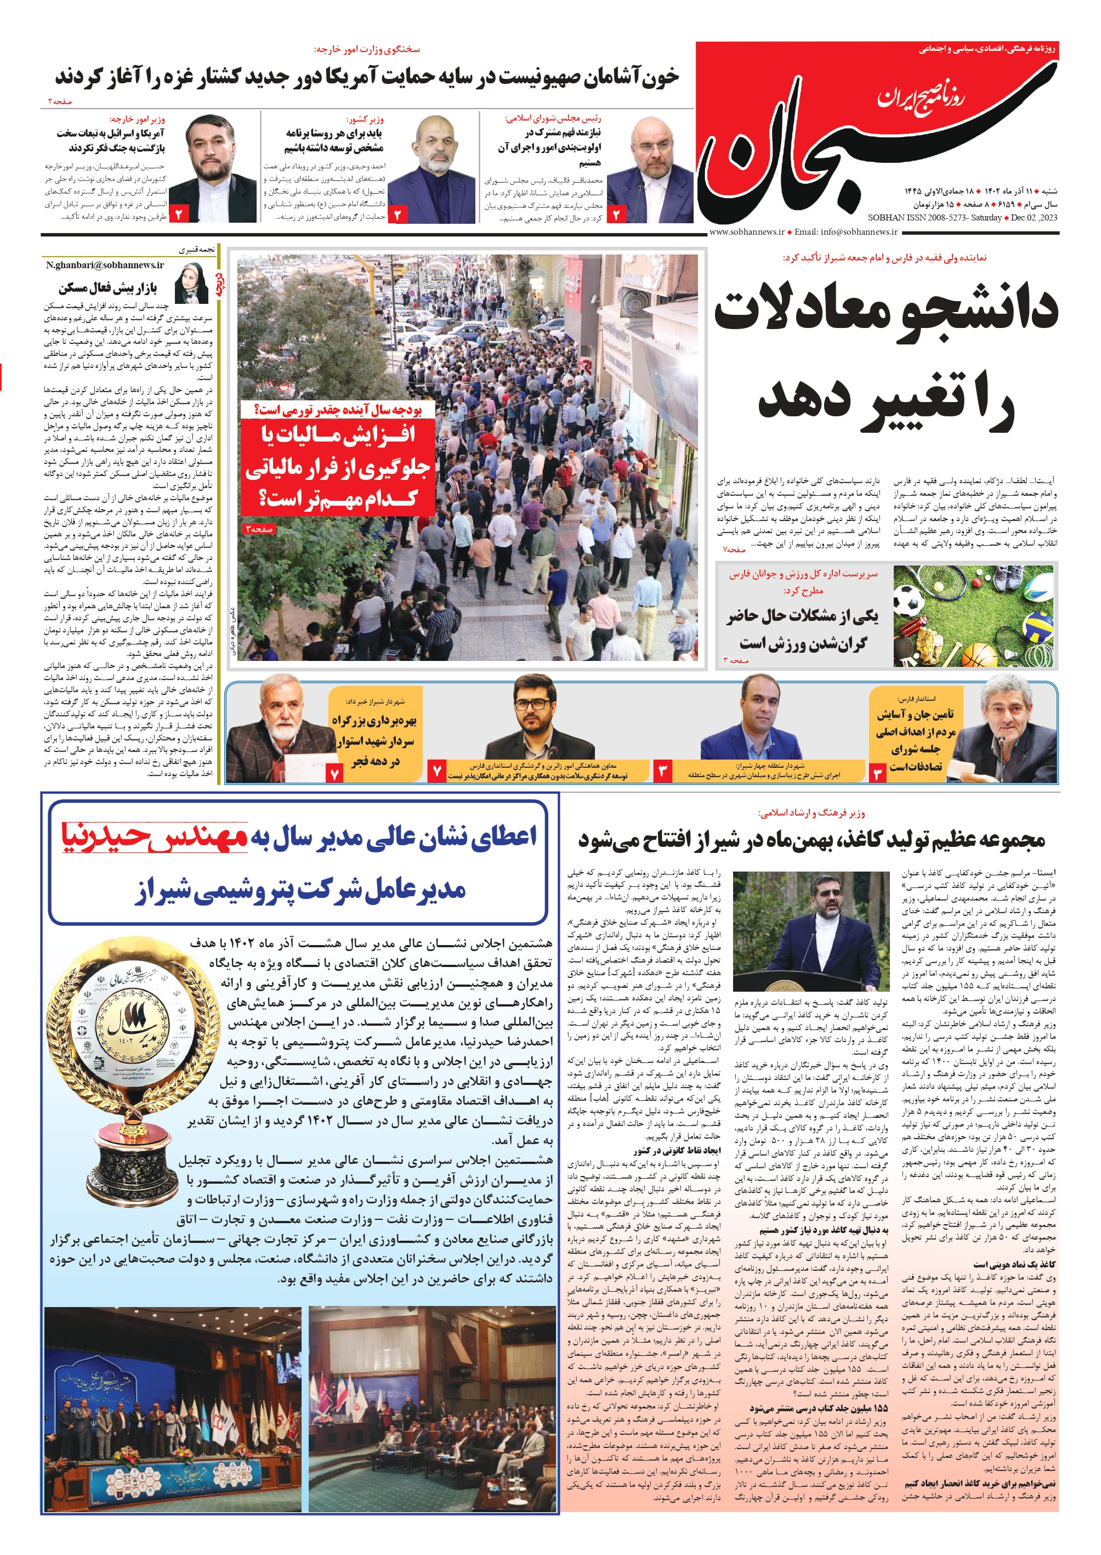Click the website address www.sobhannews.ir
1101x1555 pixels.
(x=746, y=232)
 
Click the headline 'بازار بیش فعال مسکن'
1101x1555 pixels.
(x=108, y=288)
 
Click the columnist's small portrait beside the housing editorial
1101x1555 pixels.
(x=192, y=284)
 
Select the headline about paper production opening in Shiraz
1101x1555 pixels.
(x=811, y=841)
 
